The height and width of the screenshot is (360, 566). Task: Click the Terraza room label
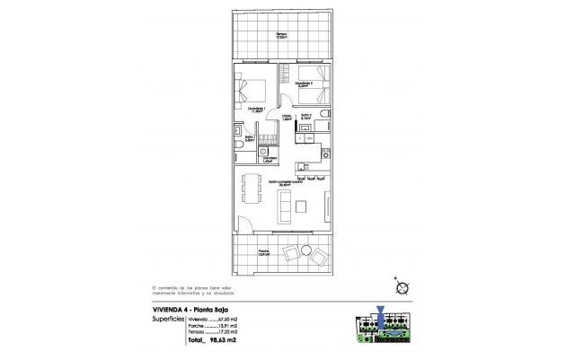(282, 36)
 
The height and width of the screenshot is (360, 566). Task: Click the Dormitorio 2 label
(305, 83)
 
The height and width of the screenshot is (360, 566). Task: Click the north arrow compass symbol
(402, 287)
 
